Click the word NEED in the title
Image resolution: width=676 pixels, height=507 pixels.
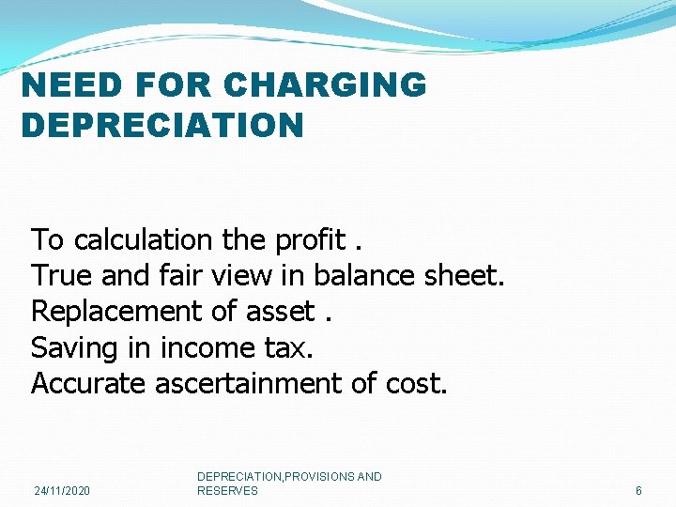(69, 85)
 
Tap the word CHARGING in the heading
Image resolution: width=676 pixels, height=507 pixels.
(327, 85)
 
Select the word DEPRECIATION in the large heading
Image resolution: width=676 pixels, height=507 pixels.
(162, 125)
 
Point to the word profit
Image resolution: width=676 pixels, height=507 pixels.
(311, 240)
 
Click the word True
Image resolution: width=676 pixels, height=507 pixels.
(60, 276)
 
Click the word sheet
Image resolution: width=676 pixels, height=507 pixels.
(466, 276)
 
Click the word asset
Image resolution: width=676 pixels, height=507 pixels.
(279, 312)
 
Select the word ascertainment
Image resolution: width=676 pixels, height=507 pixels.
(260, 383)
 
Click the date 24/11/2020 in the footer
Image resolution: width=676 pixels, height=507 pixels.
(62, 491)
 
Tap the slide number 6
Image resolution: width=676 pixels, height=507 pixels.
(638, 491)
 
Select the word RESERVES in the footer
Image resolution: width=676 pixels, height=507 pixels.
(227, 491)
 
